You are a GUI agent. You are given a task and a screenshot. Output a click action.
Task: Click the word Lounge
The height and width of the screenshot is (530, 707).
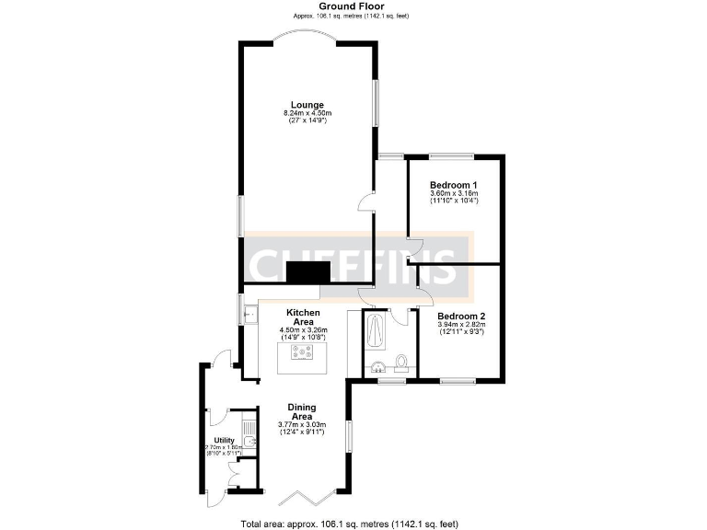[307, 104]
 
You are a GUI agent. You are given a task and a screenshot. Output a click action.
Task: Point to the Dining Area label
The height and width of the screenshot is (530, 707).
[302, 412]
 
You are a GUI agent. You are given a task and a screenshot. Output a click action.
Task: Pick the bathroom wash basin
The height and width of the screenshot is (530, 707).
[378, 368]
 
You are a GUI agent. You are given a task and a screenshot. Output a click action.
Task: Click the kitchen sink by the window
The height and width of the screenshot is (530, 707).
[248, 314]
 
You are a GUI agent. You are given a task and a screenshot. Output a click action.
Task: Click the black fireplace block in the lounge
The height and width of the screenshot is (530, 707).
[307, 271]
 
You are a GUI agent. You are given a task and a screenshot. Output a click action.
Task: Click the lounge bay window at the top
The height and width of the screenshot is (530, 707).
[307, 40]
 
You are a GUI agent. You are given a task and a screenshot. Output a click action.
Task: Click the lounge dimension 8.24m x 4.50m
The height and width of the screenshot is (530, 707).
[307, 113]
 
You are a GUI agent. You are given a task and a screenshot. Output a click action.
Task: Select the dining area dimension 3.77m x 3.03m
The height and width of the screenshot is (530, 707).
[302, 425]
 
